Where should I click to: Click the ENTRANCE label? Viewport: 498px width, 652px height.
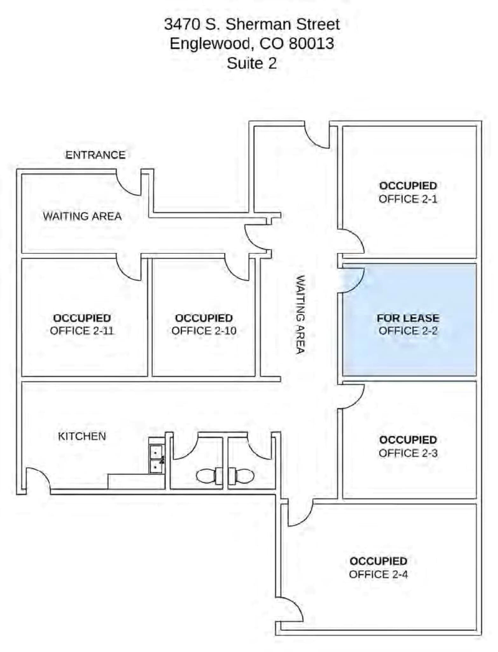coord(95,155)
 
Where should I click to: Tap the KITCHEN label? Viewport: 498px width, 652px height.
coord(82,436)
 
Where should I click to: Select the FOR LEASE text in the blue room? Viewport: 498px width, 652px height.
coord(408,318)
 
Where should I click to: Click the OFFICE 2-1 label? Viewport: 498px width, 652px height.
coord(408,199)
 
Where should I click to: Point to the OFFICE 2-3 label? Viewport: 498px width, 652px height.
coord(408,453)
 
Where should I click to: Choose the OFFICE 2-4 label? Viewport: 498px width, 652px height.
coord(378,575)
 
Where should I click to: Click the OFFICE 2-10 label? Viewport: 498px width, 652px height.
coord(204,331)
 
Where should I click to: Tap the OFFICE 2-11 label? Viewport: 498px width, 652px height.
coord(82,331)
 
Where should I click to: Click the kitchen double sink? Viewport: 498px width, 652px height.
coord(156,459)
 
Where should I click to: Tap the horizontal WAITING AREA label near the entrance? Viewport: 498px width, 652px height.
coord(82,216)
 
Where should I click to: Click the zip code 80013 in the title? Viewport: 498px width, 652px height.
coord(312,44)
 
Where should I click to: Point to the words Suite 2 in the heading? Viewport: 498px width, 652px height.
coord(251,63)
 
